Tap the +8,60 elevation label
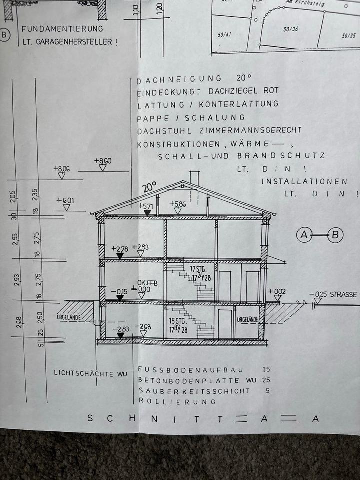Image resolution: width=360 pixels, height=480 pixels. click(102, 161)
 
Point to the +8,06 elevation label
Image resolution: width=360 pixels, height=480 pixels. click(61, 169)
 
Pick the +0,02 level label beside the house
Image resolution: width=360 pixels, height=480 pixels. click(277, 291)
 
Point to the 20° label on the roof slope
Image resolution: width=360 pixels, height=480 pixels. click(149, 187)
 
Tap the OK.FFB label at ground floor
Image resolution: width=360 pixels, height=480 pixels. click(147, 283)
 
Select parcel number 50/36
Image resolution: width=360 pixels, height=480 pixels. click(291, 29)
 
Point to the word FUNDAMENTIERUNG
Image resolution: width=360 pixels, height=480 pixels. click(62, 29)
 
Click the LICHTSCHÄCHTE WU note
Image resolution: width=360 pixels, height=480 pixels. click(90, 373)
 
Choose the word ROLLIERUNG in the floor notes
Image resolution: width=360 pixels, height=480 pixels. click(177, 401)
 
